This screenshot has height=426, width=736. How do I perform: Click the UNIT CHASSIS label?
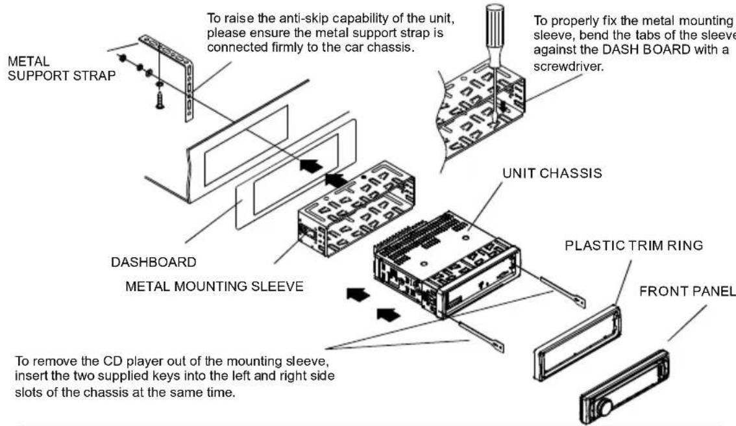click(552, 174)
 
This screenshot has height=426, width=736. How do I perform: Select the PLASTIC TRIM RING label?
click(634, 245)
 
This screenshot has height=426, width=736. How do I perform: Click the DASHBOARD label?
click(153, 262)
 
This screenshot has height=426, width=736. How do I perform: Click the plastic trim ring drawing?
click(576, 347)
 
